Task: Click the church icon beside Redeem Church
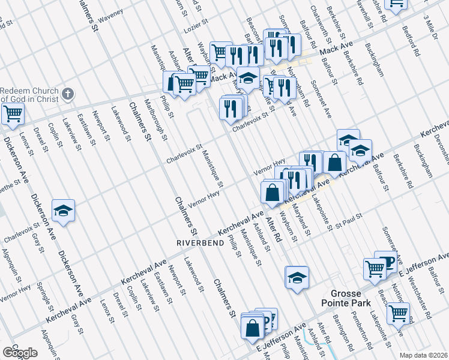coord(68,94)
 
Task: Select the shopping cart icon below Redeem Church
coord(12,113)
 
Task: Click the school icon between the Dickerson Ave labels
coord(63,211)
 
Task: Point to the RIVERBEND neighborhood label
coord(197,243)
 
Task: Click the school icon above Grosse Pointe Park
coord(297,278)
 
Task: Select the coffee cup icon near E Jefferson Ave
coord(386,261)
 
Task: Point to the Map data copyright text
coord(423,355)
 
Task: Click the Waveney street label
coord(110,14)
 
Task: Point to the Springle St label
coord(41,295)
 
